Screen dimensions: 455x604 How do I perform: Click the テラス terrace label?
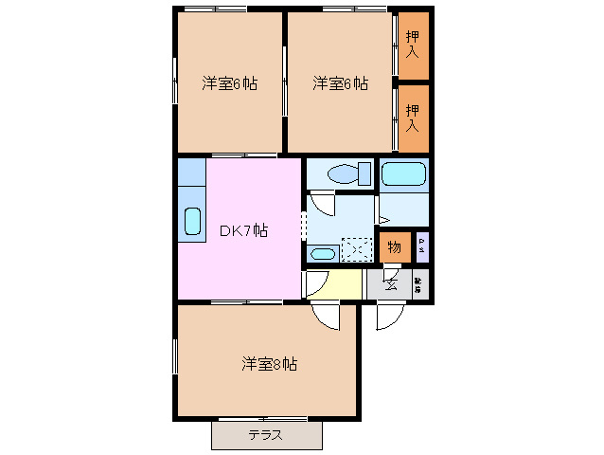tap(266, 436)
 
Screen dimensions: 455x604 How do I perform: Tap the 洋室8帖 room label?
tap(269, 363)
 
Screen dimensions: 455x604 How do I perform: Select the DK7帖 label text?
tap(243, 230)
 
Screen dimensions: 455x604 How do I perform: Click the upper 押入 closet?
tap(414, 45)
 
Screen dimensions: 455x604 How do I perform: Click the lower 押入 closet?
tap(414, 118)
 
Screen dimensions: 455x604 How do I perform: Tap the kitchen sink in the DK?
tap(192, 222)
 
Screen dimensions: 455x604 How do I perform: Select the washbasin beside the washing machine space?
tap(322, 253)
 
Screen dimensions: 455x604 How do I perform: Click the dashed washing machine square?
tap(357, 248)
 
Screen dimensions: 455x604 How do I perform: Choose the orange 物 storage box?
tap(395, 248)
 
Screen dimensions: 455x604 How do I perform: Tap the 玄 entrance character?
tap(390, 282)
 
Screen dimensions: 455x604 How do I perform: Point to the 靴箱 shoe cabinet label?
tap(419, 282)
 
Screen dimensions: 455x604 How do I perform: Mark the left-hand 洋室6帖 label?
tap(229, 83)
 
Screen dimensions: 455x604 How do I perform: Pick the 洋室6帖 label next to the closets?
tap(341, 83)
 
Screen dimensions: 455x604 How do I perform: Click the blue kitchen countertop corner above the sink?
tap(192, 173)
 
